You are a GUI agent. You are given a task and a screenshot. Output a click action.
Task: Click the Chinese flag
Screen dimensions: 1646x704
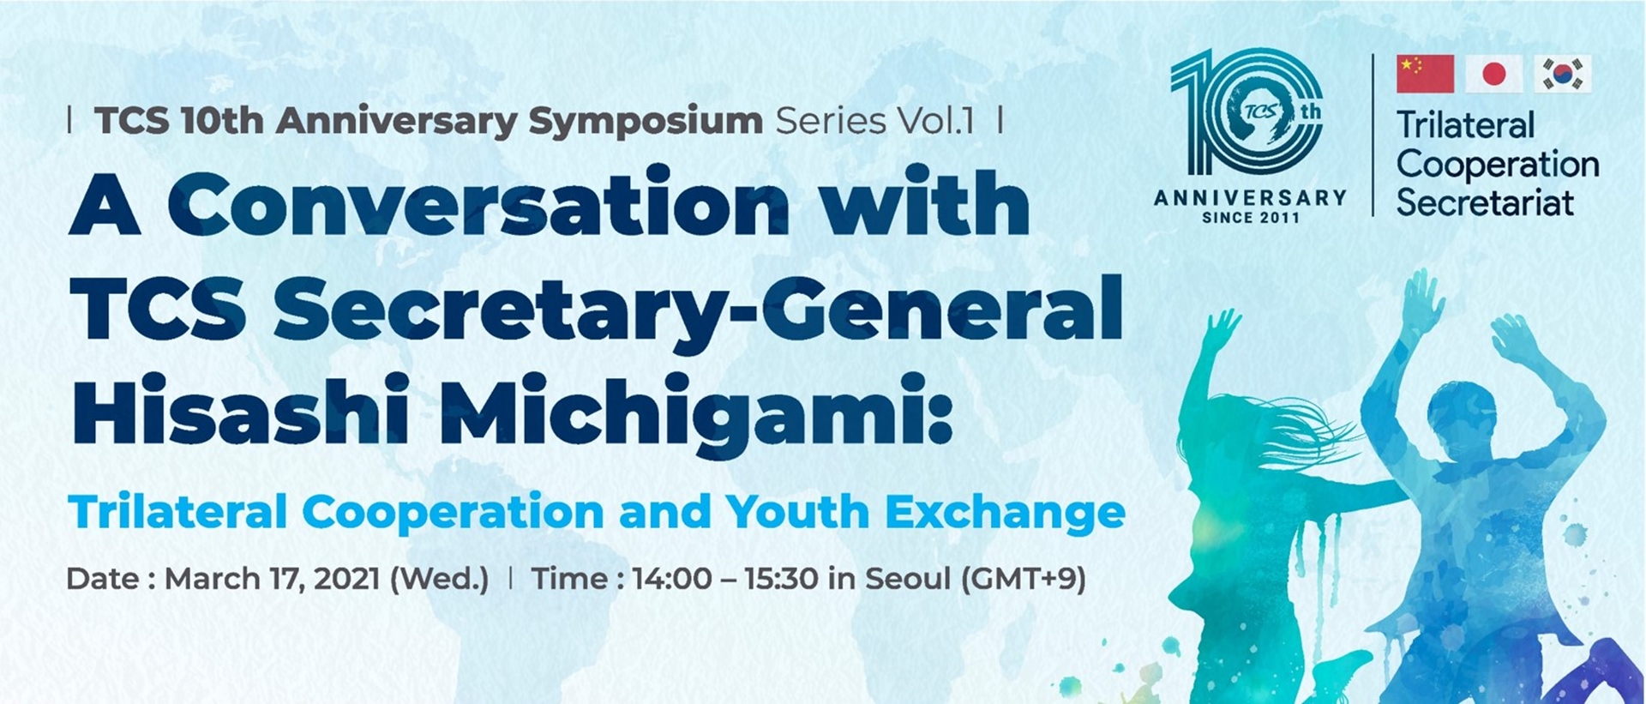(x=1425, y=74)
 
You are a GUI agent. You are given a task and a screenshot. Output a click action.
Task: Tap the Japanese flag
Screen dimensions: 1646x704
(x=1493, y=74)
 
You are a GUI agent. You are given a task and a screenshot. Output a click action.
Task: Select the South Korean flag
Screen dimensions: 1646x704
(x=1563, y=74)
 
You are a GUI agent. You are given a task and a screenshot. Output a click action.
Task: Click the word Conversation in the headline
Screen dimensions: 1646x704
(x=478, y=204)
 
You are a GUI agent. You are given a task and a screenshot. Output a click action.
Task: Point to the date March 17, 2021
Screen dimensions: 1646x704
(x=272, y=579)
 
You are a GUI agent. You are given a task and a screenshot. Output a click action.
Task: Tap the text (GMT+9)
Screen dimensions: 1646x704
(x=1024, y=580)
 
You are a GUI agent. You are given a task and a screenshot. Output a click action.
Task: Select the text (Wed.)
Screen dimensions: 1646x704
(x=439, y=580)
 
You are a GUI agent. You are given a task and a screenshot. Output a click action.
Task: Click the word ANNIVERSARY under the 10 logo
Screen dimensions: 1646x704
(x=1251, y=198)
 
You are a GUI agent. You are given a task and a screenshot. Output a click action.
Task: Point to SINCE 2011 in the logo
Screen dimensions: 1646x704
(x=1251, y=218)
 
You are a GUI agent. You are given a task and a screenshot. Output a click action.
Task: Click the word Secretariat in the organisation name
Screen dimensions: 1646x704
(x=1485, y=202)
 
